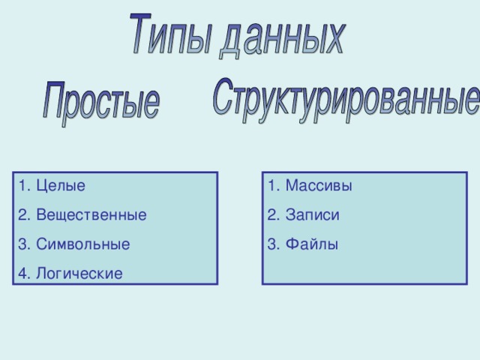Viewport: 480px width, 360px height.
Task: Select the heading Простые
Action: [100, 103]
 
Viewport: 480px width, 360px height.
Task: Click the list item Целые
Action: [61, 185]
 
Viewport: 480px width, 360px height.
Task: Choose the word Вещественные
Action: [91, 215]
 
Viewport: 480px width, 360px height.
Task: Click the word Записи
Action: [312, 215]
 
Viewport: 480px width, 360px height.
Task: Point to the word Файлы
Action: [311, 244]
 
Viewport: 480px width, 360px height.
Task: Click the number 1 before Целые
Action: [22, 185]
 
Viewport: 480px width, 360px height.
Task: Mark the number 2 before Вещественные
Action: [22, 215]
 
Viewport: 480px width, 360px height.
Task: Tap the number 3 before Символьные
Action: [22, 244]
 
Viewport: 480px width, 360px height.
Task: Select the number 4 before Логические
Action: [22, 274]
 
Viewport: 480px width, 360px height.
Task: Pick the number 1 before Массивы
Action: [271, 185]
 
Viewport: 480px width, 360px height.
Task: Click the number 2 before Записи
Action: [271, 215]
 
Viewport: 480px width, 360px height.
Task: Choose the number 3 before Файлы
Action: [271, 244]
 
